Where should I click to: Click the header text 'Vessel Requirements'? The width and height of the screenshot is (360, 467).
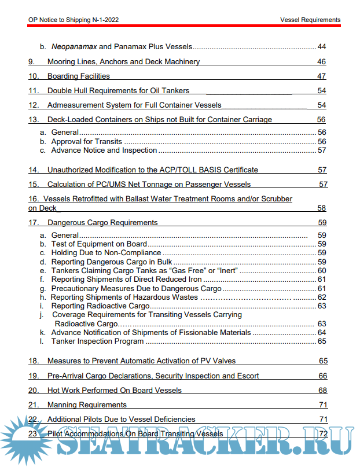[310, 20]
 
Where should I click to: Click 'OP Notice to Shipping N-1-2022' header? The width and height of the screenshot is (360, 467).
[74, 20]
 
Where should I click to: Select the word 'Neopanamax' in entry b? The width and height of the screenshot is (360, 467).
[74, 46]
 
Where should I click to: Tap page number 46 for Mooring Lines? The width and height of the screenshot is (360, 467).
[322, 61]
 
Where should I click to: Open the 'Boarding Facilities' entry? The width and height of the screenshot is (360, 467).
[78, 76]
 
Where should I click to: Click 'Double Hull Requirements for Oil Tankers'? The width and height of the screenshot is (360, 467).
[118, 90]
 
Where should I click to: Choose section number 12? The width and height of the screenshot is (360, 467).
[34, 105]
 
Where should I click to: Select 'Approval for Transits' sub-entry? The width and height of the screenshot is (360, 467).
[86, 141]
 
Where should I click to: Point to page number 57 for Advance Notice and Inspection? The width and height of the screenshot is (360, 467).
[322, 150]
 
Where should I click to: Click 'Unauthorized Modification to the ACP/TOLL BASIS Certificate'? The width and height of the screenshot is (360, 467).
[152, 170]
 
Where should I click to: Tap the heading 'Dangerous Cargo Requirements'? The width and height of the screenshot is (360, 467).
[102, 222]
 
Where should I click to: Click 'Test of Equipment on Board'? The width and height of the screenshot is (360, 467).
[99, 244]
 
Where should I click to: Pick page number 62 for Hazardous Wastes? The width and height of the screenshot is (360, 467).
[322, 297]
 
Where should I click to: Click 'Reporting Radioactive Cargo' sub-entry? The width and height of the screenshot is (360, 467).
[100, 306]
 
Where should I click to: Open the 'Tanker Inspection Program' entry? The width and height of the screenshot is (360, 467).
[97, 341]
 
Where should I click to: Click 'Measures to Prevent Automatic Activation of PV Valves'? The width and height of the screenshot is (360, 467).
[141, 361]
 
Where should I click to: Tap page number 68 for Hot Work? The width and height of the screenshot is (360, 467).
[322, 390]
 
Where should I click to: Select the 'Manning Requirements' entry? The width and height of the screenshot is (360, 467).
[87, 405]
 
